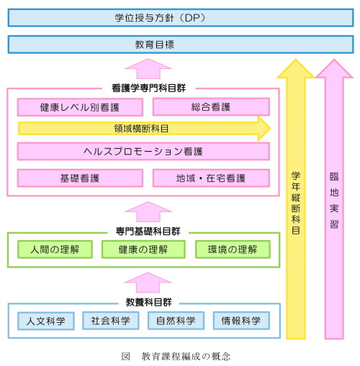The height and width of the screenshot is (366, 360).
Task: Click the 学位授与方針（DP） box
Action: (x=181, y=18)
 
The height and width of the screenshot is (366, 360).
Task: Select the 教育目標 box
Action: (x=181, y=45)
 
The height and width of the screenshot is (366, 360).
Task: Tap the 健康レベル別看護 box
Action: (x=80, y=107)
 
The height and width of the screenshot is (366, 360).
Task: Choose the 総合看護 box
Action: (x=211, y=107)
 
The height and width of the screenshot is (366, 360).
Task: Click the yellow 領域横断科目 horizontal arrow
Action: (x=145, y=129)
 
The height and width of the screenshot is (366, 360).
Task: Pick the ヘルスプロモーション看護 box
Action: (x=143, y=152)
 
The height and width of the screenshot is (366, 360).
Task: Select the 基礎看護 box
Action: (x=80, y=178)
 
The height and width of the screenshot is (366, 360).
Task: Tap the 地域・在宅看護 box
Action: (x=211, y=178)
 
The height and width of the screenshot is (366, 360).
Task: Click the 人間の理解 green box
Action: (x=55, y=250)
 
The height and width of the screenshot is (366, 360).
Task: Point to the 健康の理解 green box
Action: (x=143, y=250)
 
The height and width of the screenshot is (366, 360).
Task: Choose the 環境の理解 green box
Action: (x=233, y=250)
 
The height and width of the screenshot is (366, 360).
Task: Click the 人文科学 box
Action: (x=46, y=321)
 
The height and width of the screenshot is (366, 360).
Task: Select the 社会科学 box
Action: (x=111, y=321)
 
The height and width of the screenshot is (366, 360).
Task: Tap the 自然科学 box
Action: (x=176, y=321)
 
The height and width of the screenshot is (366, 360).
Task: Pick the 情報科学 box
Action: (x=241, y=321)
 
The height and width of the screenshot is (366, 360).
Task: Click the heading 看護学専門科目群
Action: (x=148, y=88)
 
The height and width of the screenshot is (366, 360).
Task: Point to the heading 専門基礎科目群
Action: (x=148, y=231)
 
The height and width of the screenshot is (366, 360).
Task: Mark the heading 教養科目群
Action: (x=149, y=302)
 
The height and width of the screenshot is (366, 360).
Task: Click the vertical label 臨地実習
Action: (x=334, y=201)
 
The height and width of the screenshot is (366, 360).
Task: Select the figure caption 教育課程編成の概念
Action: (x=186, y=357)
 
